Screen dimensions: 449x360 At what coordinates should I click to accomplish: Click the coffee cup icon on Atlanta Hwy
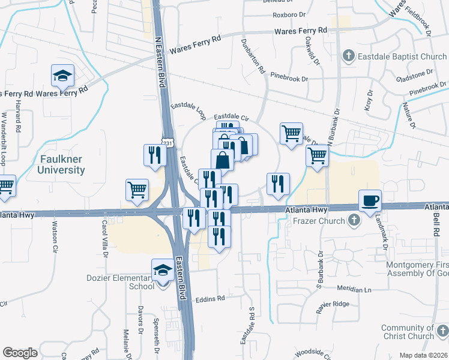coord(370,199)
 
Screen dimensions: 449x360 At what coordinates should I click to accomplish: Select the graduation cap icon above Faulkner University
coord(62,75)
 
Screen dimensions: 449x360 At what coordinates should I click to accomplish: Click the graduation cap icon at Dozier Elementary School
coord(162,270)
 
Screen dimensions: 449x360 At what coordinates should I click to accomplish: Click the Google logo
coord(20,352)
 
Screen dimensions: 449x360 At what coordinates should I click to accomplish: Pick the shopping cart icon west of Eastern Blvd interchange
coord(137,190)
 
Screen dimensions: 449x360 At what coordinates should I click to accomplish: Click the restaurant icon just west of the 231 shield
coord(155,155)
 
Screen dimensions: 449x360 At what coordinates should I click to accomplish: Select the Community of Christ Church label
coord(407,332)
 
